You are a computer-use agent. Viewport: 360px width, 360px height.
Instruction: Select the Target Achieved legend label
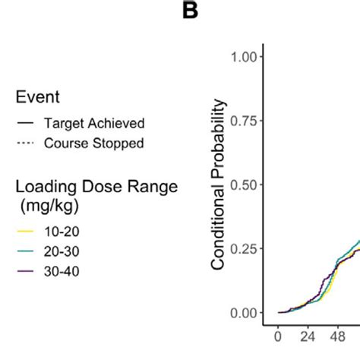94,123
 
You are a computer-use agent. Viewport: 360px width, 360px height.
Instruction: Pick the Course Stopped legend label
95,142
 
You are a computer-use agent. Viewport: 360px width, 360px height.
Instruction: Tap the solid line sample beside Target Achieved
25,123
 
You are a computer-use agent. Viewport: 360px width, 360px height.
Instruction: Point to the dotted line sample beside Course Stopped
25,142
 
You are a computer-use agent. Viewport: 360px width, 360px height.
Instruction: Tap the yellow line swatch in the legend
25,232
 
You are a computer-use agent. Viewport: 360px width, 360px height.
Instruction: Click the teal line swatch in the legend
25,251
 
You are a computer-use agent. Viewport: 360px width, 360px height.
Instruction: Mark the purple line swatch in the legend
25,270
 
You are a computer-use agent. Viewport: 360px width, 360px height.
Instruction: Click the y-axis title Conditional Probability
219,184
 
